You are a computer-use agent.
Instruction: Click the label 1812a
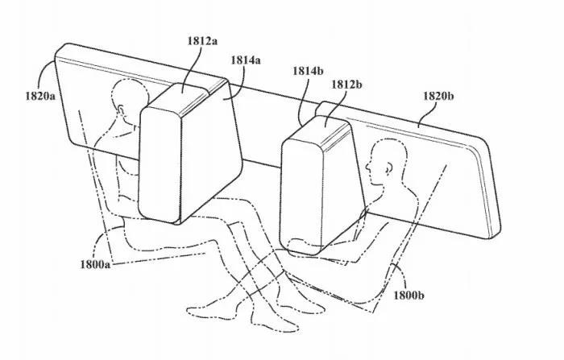pos(202,40)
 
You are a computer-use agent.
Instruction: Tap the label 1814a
pos(246,60)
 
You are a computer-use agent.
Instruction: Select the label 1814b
pos(308,71)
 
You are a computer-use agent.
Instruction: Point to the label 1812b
pos(346,85)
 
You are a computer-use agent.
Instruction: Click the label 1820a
pos(40,96)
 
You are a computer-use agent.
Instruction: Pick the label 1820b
pos(438,96)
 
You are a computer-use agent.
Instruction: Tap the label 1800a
pos(95,265)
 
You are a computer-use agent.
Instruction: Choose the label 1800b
pos(408,296)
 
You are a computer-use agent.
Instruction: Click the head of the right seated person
pos(386,163)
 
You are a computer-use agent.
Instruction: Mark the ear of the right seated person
pos(388,168)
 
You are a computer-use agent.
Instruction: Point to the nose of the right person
pos(367,167)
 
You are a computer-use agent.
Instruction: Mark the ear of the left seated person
pos(121,110)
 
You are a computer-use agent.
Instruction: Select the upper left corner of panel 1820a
pos(57,52)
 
